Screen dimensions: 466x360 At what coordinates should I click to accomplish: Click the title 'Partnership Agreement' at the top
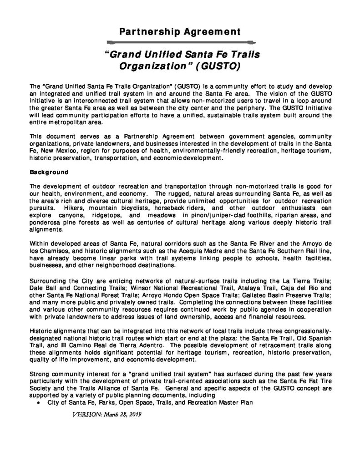pyautogui.click(x=180, y=32)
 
